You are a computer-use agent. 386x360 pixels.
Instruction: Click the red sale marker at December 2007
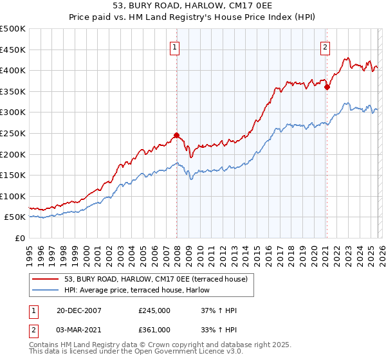176,136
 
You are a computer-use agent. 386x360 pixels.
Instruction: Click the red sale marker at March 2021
327,87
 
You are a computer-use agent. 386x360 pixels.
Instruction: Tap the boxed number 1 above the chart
175,46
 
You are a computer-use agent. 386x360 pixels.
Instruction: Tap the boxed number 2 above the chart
326,46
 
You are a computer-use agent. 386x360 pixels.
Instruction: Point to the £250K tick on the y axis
13,133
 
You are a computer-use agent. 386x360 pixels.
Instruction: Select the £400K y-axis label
13,70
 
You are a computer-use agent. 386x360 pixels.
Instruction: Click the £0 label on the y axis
19,238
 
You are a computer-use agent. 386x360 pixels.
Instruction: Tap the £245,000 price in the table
154,310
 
